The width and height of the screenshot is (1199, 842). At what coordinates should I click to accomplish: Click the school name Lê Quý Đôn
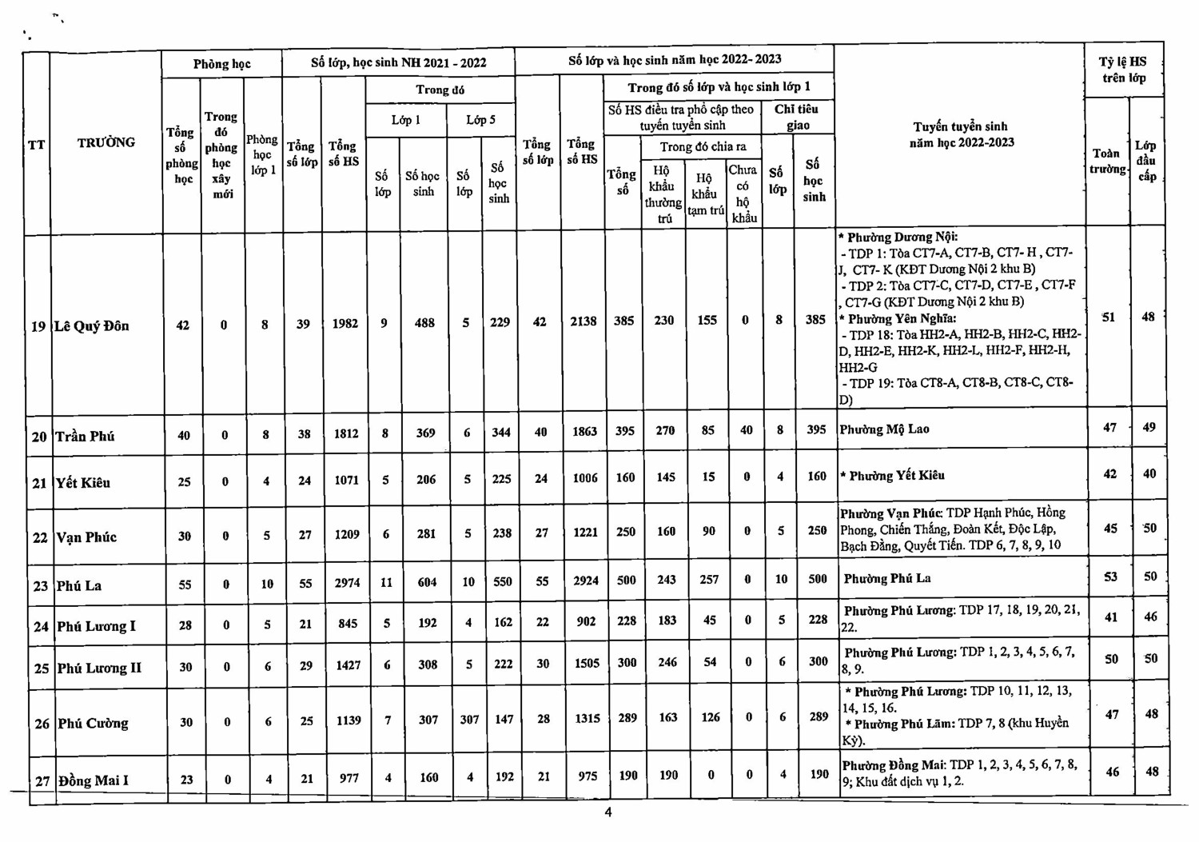91,326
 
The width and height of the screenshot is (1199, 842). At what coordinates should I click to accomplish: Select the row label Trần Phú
85,437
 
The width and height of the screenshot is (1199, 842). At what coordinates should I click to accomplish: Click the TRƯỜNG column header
106,143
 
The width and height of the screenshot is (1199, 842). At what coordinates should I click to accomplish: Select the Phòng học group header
221,64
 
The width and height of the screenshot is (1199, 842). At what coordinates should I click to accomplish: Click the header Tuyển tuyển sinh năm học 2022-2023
961,134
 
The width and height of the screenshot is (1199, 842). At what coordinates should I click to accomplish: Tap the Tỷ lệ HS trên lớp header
1123,70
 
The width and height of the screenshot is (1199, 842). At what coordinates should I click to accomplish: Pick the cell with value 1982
345,324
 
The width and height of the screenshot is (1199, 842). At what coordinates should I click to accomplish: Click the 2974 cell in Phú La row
347,583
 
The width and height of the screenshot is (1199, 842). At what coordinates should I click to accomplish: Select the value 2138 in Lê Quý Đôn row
584,321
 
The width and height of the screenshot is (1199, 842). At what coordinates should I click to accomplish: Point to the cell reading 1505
587,663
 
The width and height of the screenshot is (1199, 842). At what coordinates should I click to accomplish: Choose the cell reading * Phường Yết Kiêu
892,476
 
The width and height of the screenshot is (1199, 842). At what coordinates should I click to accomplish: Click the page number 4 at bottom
608,812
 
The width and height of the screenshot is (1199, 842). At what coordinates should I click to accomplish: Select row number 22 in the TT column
40,538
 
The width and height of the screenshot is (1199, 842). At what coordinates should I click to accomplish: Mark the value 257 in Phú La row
709,580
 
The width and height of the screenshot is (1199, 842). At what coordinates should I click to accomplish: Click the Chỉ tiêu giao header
797,117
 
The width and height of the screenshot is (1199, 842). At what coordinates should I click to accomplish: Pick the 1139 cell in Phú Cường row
349,720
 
